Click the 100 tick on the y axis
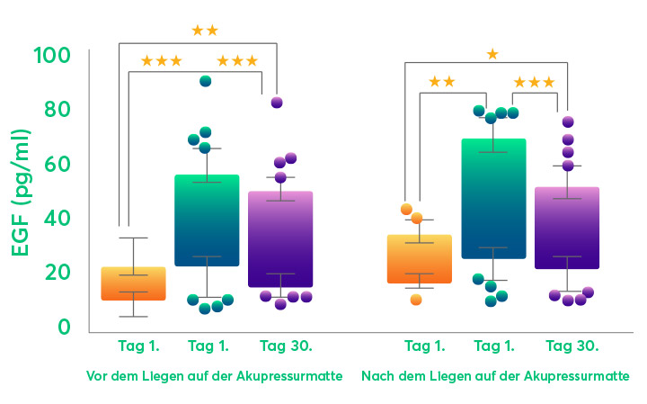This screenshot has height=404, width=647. coord(52,57)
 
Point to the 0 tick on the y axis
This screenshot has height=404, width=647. coord(64,327)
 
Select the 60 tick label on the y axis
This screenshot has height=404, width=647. coord(57,165)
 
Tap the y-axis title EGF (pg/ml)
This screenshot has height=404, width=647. coord(20,191)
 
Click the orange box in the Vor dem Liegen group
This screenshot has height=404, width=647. coord(133,283)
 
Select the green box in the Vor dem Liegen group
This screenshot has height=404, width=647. coord(206,220)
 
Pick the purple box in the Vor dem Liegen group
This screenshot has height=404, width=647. coord(279,239)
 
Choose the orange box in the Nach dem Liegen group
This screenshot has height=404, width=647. coord(419,259)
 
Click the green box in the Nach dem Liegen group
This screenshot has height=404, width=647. coord(492,199)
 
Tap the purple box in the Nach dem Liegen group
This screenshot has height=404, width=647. coord(566,228)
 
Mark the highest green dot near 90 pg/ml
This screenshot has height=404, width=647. coord(205,81)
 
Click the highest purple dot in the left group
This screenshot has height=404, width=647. coord(277,103)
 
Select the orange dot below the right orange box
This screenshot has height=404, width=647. coord(416,300)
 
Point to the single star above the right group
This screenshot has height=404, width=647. coord(492,54)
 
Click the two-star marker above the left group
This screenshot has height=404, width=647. coord(205,31)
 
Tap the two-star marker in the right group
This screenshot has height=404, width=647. coord(441,82)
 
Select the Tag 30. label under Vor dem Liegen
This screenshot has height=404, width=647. coord(280,346)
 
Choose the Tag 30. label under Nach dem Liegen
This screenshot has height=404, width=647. coord(572,346)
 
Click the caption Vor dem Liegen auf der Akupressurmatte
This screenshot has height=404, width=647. coord(214,376)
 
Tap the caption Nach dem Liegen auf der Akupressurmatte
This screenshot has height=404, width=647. coord(495,376)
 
